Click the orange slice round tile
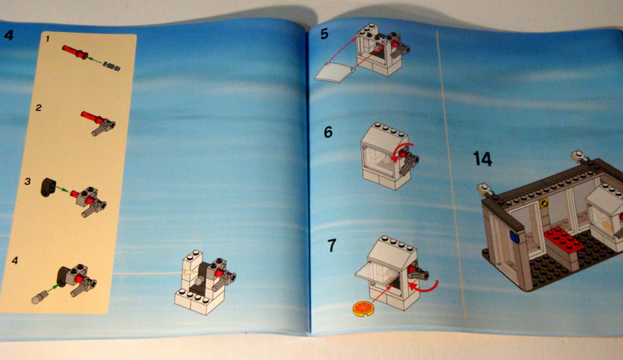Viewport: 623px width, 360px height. coord(364,309)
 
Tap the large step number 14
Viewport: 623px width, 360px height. coord(483,158)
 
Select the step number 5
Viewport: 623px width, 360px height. coord(324,34)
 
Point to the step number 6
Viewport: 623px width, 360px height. coord(328,132)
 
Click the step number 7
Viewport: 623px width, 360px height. coord(332,245)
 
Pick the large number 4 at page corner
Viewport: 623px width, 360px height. coord(9,34)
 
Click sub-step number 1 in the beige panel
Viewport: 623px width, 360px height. coord(48,38)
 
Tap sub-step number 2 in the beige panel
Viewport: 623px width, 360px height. coord(38,108)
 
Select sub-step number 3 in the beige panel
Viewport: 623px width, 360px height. coord(27,182)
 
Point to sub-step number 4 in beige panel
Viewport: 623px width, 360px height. coord(15,261)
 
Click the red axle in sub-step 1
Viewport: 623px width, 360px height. coord(75,52)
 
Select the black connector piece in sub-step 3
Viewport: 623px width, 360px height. coord(47,188)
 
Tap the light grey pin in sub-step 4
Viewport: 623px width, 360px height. coord(40,297)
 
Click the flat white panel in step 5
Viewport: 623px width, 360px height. coord(335,72)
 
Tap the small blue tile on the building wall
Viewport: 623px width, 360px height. coord(514,238)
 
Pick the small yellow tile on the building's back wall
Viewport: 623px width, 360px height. coord(544,203)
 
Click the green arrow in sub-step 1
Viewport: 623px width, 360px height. coord(94,61)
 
